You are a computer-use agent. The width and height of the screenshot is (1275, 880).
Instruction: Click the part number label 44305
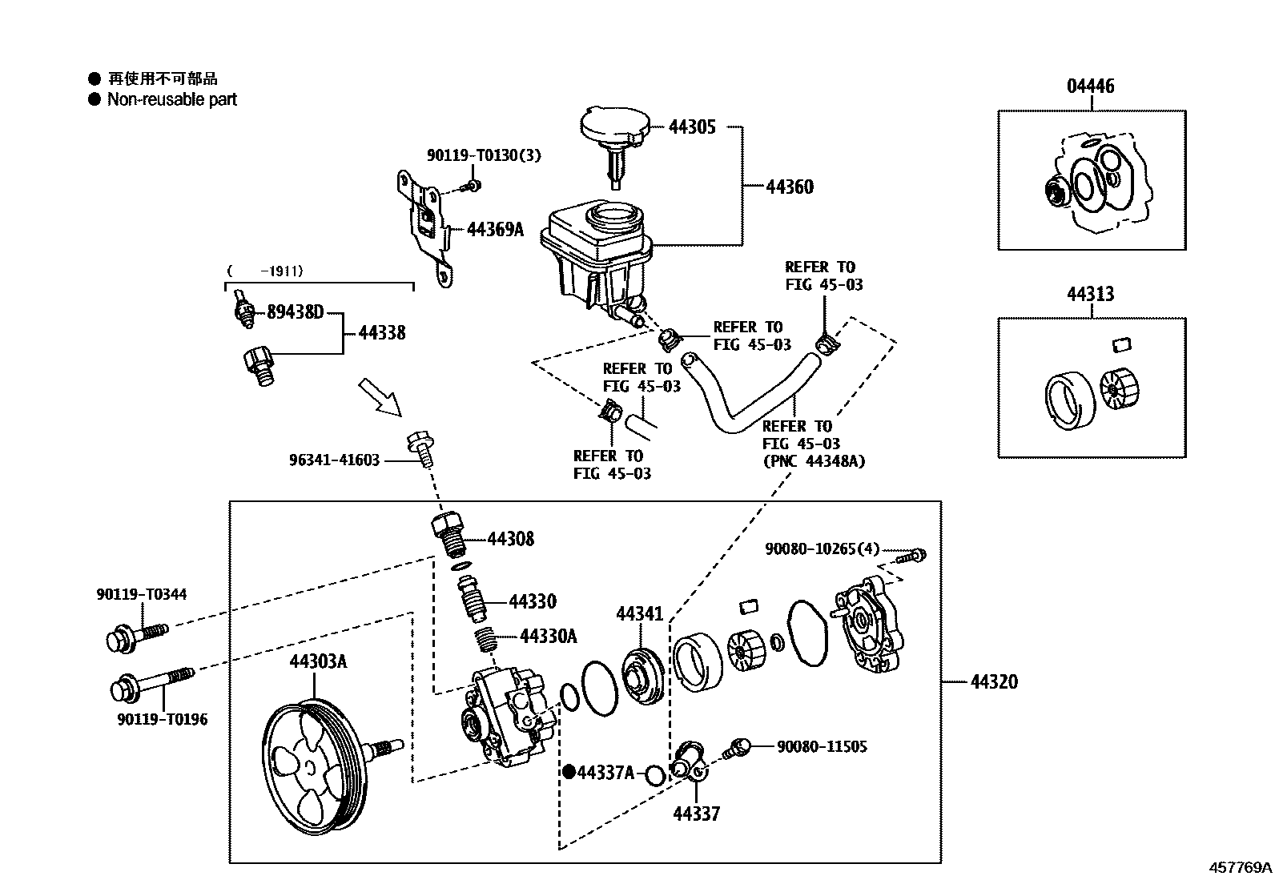[692, 127]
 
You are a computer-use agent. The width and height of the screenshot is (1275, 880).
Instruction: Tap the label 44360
[789, 187]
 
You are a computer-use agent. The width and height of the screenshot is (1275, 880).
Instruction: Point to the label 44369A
[495, 231]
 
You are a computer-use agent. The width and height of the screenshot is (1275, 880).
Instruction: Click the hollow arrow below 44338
[380, 397]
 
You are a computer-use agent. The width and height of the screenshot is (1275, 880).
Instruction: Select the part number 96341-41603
[334, 461]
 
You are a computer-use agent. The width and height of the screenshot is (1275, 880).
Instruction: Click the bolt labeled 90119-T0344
[136, 637]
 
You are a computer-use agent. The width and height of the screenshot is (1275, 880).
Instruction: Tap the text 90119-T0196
[163, 720]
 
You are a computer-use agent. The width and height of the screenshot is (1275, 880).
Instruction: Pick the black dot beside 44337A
[569, 773]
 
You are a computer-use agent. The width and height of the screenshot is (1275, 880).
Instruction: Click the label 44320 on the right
[994, 682]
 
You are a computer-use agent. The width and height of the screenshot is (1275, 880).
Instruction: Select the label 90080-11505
[822, 747]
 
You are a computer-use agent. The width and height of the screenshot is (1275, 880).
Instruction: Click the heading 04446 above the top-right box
[1090, 86]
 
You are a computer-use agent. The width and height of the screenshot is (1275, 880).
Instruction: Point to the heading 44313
[1090, 295]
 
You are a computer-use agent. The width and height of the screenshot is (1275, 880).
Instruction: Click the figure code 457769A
[1240, 867]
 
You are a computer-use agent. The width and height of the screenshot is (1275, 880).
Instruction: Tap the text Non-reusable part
[172, 100]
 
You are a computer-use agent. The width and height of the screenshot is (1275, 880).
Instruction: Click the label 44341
[639, 614]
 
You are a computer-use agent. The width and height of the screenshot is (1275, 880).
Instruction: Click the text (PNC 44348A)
[814, 461]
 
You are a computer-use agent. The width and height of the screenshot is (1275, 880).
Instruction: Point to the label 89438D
[295, 312]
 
